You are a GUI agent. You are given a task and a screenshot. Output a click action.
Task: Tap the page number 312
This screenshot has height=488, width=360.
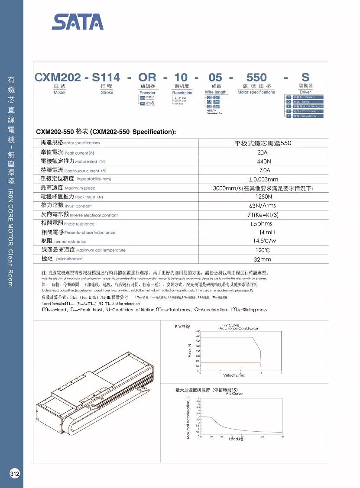(15, 473)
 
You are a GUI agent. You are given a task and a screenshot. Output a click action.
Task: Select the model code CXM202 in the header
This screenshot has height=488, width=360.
(58, 78)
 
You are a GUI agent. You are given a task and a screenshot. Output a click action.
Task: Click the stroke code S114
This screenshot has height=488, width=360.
(106, 78)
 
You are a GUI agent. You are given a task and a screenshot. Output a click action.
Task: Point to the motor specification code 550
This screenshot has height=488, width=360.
(256, 78)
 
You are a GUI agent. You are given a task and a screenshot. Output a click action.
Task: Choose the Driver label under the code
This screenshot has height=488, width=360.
(305, 92)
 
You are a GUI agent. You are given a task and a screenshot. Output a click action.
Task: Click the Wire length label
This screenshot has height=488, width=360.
(215, 92)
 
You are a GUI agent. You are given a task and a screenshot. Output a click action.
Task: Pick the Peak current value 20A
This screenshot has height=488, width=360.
(263, 152)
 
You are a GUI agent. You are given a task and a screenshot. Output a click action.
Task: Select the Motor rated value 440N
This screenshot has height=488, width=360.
(263, 161)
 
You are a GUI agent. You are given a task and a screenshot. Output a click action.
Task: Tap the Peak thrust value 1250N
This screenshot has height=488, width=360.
(263, 197)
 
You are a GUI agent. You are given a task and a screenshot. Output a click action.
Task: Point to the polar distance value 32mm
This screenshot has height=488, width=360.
(263, 259)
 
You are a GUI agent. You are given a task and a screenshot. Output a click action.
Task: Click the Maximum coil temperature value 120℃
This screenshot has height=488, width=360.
(263, 250)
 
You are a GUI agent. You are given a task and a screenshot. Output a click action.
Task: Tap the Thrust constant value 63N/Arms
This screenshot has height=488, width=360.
(263, 206)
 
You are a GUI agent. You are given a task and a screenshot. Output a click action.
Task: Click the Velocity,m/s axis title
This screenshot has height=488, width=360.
(234, 375)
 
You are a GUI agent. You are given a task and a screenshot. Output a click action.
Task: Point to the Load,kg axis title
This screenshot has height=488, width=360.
(237, 439)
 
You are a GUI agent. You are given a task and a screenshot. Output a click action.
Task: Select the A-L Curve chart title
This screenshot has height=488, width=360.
(234, 394)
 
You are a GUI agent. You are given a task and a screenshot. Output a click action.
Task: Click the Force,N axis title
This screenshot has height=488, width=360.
(190, 350)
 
